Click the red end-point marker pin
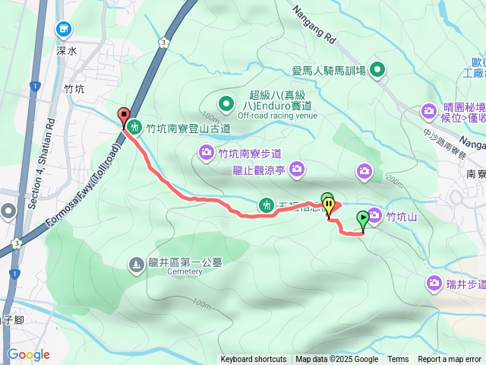pos(124,116)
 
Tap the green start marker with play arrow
pos(363,219)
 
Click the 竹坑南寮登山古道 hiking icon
pos(134,127)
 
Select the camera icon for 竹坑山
pos(375,215)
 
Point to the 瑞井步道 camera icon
pos(434,283)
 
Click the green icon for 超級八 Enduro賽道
pos(226,103)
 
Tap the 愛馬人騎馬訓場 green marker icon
pos(377,71)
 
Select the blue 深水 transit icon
pos(64,30)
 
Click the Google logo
pos(28,354)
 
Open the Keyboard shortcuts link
pos(254,360)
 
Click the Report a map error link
pos(450,360)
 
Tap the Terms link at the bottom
pos(398,360)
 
